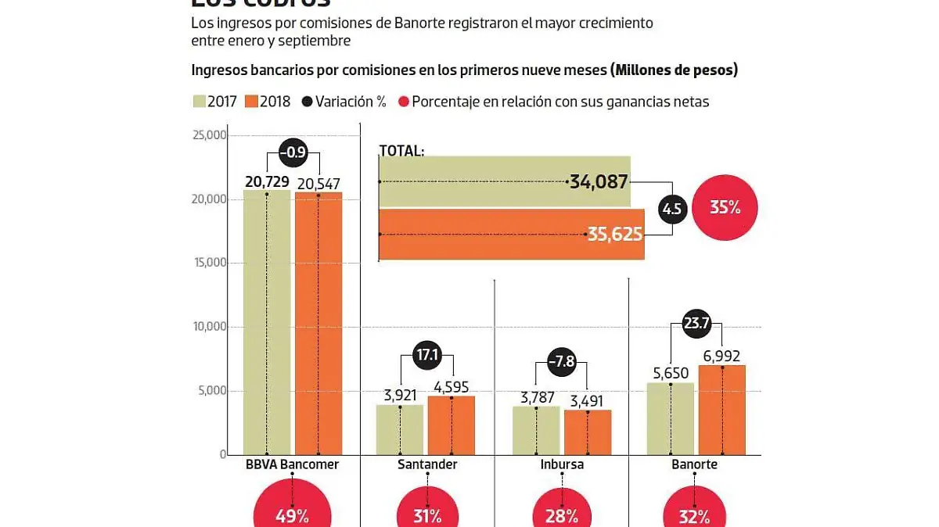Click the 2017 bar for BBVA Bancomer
pyautogui.click(x=266, y=321)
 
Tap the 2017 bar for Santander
pyautogui.click(x=400, y=429)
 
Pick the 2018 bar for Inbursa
pyautogui.click(x=588, y=432)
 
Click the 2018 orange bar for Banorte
pyautogui.click(x=721, y=409)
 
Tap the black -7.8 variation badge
pyautogui.click(x=562, y=362)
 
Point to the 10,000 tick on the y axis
pyautogui.click(x=209, y=327)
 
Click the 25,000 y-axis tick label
pyautogui.click(x=209, y=135)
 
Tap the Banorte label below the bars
pyautogui.click(x=695, y=464)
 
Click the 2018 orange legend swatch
pyautogui.click(x=251, y=102)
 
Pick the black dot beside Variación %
pyautogui.click(x=307, y=102)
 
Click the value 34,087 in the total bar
pyautogui.click(x=599, y=182)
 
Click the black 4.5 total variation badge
pyautogui.click(x=671, y=208)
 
